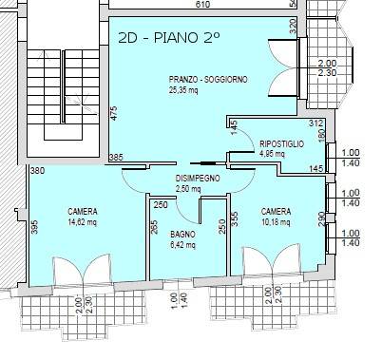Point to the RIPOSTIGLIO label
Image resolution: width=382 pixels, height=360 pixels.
tap(281, 143)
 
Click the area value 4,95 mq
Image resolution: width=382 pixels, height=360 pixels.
tap(274, 154)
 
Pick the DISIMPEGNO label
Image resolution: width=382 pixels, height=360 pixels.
tap(198, 178)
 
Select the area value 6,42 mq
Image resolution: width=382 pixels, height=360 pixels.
tap(182, 245)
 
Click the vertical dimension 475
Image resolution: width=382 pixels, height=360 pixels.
tap(113, 113)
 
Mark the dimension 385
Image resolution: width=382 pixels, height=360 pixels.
tap(117, 157)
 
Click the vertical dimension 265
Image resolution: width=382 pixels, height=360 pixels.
tap(154, 227)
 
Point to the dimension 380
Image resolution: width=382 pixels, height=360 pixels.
tap(37, 172)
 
